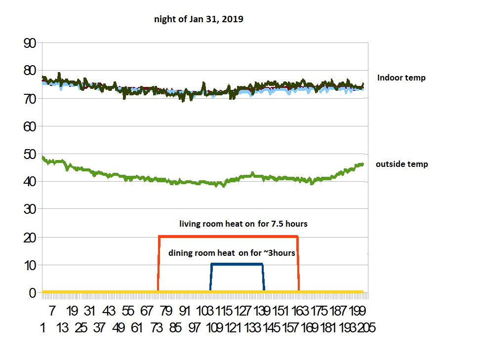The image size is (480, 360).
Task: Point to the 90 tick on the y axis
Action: point(30,43)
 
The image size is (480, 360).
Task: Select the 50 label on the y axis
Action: point(30,155)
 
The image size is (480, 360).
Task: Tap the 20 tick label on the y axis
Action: point(30,238)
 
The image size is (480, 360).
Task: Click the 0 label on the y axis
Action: point(33,293)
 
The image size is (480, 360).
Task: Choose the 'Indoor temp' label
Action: point(401,78)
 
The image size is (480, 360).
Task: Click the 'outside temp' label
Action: point(401,164)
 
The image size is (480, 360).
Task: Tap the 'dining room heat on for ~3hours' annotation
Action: point(232,253)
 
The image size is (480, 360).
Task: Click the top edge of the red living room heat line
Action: point(227,236)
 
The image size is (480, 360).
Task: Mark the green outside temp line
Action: point(148,179)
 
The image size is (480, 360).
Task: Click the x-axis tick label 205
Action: point(366,327)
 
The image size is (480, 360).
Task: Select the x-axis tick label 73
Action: point(157,327)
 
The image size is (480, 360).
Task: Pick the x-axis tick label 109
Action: point(213,327)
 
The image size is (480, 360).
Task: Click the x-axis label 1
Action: point(44,327)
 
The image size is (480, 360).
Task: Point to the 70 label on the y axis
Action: point(30,99)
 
